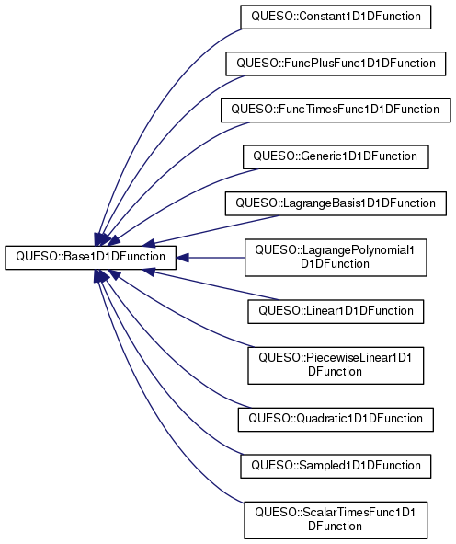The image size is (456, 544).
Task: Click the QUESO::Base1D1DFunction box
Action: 90,258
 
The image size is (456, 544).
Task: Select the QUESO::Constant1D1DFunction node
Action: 336,17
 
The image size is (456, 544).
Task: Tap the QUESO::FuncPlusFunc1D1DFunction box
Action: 336,64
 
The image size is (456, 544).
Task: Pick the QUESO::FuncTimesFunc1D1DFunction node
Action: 336,110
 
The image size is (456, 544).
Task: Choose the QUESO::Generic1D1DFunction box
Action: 336,156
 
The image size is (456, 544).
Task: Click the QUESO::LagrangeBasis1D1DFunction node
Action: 336,203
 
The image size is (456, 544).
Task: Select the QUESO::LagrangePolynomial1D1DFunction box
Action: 336,258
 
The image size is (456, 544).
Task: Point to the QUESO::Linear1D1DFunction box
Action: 336,311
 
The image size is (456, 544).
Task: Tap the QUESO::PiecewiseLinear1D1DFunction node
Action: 336,365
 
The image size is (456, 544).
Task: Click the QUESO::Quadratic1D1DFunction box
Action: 336,420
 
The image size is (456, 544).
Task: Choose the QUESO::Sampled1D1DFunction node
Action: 336,467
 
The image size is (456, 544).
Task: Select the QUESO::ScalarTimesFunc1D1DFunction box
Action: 336,520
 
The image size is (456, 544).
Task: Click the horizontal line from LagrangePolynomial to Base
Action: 217,258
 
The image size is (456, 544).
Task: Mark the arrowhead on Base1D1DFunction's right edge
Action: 183,258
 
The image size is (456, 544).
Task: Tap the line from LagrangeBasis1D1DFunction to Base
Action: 215,229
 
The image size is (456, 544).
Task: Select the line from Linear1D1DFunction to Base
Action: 215,286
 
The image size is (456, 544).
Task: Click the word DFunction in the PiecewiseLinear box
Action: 335,372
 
